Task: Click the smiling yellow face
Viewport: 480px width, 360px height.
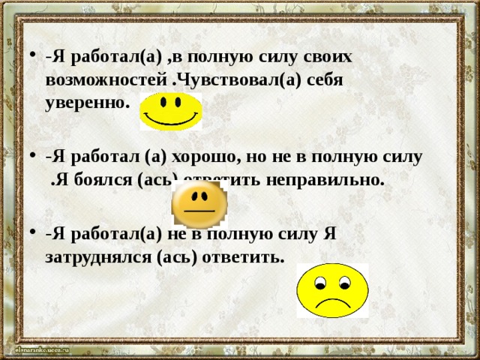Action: pyautogui.click(x=171, y=110)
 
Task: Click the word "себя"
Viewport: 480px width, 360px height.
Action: pyautogui.click(x=325, y=79)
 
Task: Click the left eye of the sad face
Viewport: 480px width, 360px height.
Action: pyautogui.click(x=320, y=284)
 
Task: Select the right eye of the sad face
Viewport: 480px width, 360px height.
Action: pyautogui.click(x=343, y=283)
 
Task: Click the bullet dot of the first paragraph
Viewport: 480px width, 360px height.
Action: pyautogui.click(x=28, y=56)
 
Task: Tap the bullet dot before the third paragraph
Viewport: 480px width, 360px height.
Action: pyautogui.click(x=28, y=235)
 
